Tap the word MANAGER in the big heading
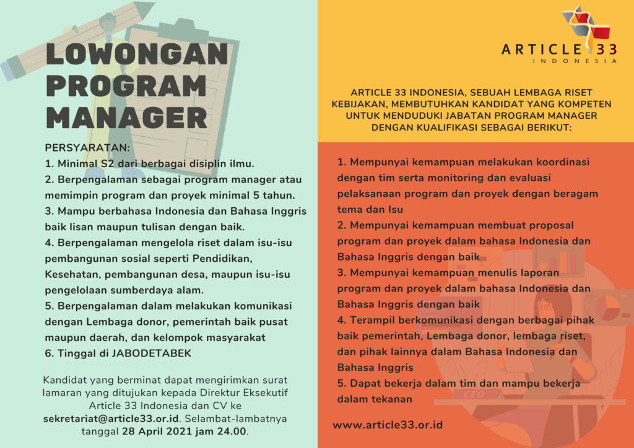127,118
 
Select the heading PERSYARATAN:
87,148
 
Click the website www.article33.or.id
388,425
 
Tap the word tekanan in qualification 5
393,399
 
